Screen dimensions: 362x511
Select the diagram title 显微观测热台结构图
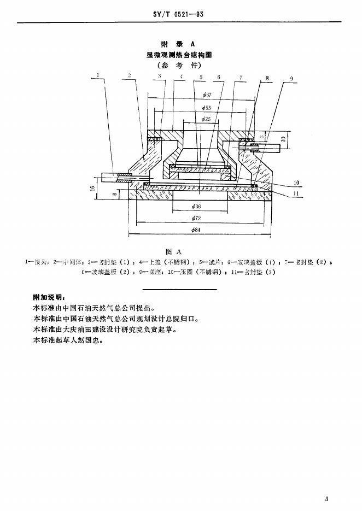(x=178, y=54)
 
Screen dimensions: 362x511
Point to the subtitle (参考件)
(x=178, y=64)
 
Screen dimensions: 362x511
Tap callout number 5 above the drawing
(x=201, y=77)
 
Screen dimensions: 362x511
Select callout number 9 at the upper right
(x=291, y=79)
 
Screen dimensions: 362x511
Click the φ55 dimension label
(x=206, y=108)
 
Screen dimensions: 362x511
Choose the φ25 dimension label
(x=206, y=119)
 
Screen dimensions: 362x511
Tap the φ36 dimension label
(x=197, y=207)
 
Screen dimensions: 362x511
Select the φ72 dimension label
(x=197, y=218)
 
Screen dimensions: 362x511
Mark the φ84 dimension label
(x=197, y=230)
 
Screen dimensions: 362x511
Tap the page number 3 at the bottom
(x=326, y=498)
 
